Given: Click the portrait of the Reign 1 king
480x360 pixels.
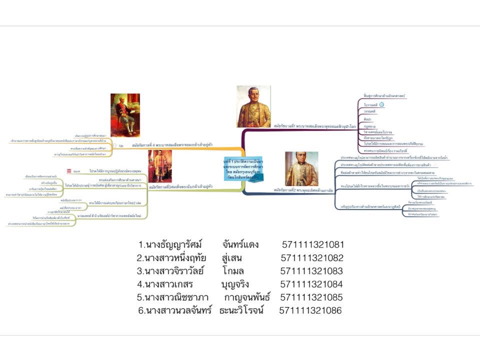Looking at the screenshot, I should (x=253, y=106).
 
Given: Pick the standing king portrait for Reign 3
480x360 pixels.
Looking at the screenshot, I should (x=160, y=166).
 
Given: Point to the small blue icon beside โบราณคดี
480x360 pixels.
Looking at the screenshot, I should (x=381, y=104).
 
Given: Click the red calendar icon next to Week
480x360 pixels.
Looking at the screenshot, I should (x=68, y=171).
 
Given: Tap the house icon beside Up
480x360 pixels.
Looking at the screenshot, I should (x=114, y=145).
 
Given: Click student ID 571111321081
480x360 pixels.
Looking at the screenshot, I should (x=313, y=245).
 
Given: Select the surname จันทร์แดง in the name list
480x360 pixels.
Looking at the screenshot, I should (x=242, y=245).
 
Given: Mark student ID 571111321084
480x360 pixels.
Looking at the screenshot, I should (x=311, y=284).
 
